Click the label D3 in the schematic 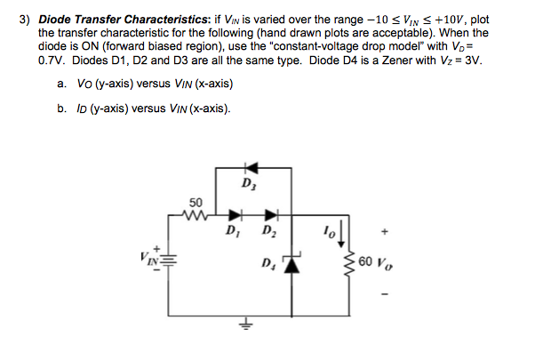click(x=247, y=184)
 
